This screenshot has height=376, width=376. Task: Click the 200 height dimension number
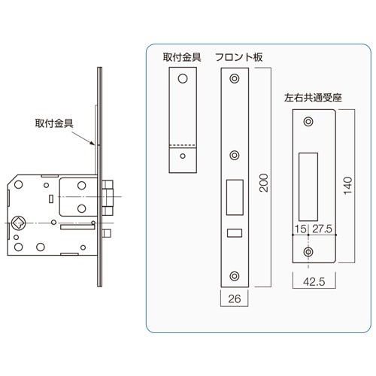tap(264, 183)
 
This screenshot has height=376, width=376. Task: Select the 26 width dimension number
tap(235, 299)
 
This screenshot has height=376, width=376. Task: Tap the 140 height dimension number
tap(348, 186)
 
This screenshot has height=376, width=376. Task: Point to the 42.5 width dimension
tap(314, 282)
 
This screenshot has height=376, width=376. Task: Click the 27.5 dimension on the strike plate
tap(322, 229)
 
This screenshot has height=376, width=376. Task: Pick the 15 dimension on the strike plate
tap(300, 229)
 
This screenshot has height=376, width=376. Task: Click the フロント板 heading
tap(239, 57)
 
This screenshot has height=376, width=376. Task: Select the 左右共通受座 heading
tap(313, 98)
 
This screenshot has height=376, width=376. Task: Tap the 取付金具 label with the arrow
tap(54, 123)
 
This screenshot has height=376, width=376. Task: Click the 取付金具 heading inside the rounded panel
tap(182, 57)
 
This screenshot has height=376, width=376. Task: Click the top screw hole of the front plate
tap(235, 78)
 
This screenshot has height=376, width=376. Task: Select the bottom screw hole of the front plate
tap(235, 276)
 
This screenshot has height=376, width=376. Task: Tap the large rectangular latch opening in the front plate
tap(235, 197)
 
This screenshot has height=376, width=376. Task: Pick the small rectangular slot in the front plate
tap(235, 233)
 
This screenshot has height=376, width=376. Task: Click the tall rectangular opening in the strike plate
tap(308, 187)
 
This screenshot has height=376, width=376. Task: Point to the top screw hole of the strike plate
tap(308, 122)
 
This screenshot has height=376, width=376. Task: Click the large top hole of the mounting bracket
tap(183, 78)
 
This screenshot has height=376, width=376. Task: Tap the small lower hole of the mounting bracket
tap(183, 156)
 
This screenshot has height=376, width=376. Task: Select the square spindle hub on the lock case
tap(18, 223)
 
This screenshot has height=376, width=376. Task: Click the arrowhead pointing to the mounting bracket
tap(92, 143)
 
